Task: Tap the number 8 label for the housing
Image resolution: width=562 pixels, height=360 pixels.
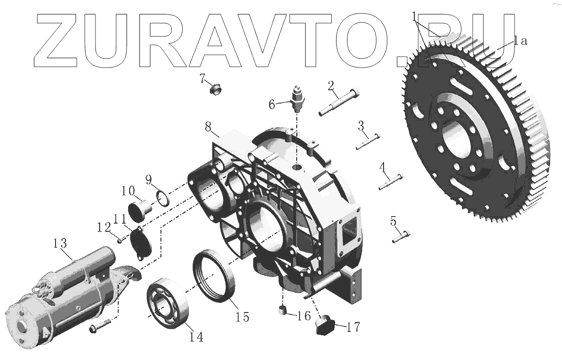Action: [208, 127]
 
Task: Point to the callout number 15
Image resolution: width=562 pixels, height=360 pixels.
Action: [242, 316]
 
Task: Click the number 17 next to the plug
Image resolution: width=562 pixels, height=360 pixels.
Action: [353, 327]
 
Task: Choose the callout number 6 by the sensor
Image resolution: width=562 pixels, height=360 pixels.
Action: [272, 104]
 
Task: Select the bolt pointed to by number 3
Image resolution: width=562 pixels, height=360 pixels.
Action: [368, 141]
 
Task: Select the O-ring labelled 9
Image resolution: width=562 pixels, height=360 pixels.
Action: [162, 199]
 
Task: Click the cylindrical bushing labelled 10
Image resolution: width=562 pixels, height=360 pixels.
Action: [138, 209]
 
